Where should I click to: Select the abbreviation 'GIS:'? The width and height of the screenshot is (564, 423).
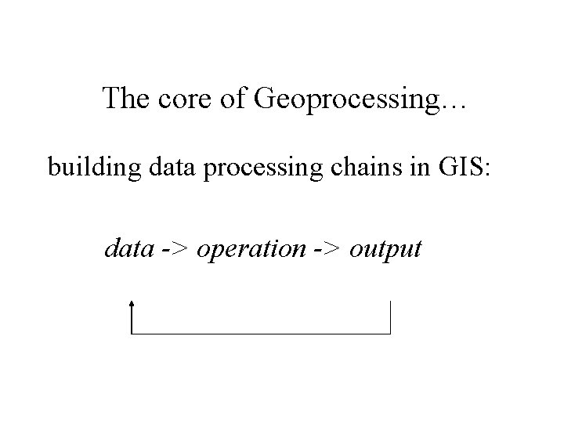click(x=465, y=167)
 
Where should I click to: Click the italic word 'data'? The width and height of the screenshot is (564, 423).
click(x=129, y=249)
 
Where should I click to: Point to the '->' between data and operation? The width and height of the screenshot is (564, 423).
click(x=175, y=251)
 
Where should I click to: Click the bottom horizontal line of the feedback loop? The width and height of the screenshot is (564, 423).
click(x=261, y=334)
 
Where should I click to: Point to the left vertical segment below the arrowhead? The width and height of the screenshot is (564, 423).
click(x=132, y=320)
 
